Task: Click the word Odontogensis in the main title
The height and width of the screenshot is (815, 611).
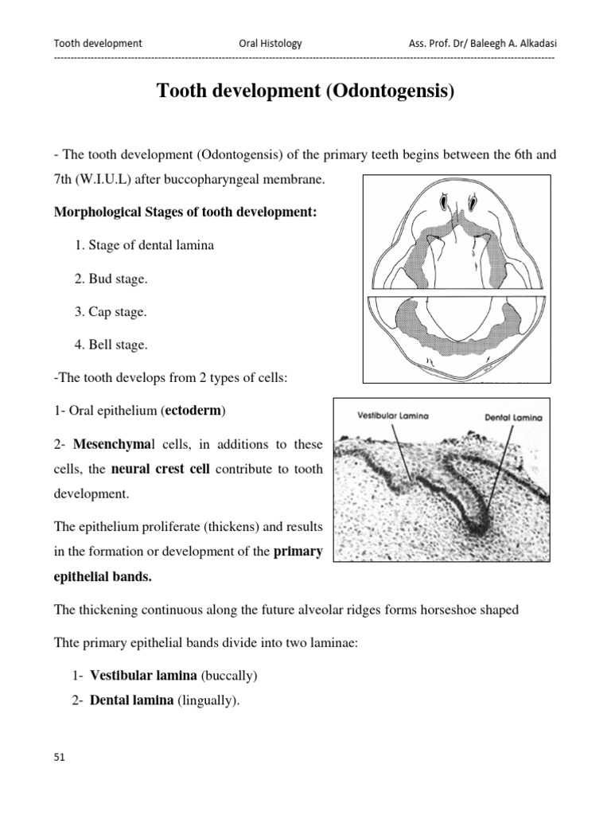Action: (389, 92)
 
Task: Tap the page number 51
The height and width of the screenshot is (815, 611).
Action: (59, 757)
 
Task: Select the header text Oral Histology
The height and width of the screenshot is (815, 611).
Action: (270, 44)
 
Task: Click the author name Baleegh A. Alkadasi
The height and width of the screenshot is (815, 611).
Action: (509, 44)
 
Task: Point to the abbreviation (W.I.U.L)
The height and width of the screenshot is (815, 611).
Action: (99, 181)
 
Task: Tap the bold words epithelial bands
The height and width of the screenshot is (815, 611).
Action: (103, 577)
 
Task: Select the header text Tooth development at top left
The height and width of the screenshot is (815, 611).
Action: (97, 44)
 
